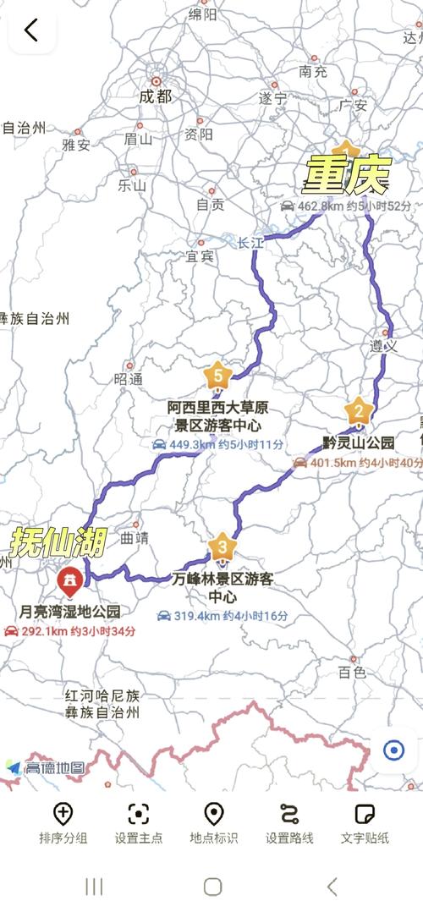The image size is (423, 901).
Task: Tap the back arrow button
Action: point(31,30)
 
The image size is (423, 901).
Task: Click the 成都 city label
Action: point(155,96)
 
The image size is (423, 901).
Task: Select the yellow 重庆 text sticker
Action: point(347,176)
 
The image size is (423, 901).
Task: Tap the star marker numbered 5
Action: point(219,373)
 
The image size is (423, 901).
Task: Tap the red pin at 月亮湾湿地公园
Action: point(69,582)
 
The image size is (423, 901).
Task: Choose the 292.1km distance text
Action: point(48,631)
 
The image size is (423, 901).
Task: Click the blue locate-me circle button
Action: point(393,750)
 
